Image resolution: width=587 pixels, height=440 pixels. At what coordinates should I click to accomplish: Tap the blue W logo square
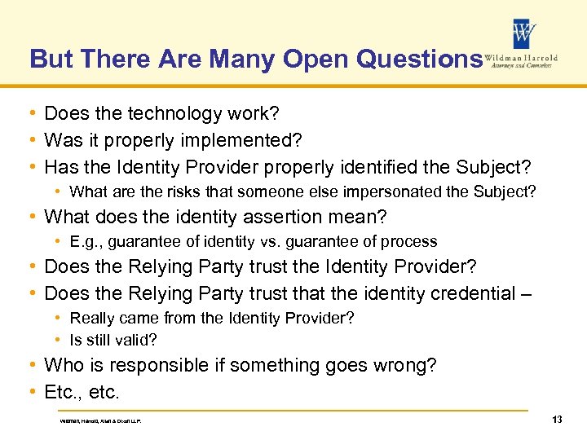[x=524, y=33]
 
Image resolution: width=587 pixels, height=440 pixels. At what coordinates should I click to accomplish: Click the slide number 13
[x=558, y=419]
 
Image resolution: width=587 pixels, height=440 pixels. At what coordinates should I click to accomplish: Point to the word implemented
[x=236, y=140]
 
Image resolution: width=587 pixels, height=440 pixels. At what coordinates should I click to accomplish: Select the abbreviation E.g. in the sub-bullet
[x=85, y=242]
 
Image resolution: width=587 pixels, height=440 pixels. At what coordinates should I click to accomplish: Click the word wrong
[x=406, y=366]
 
